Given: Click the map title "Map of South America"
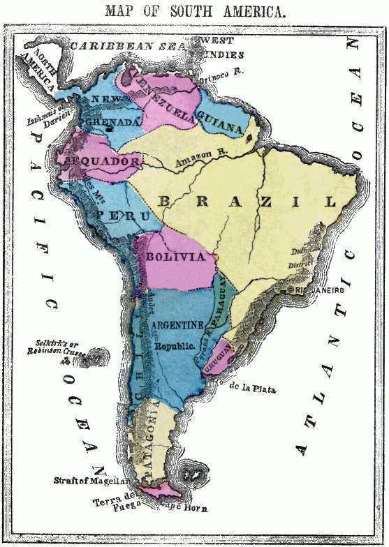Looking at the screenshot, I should tap(194, 11).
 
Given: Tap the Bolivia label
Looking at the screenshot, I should tap(177, 257).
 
